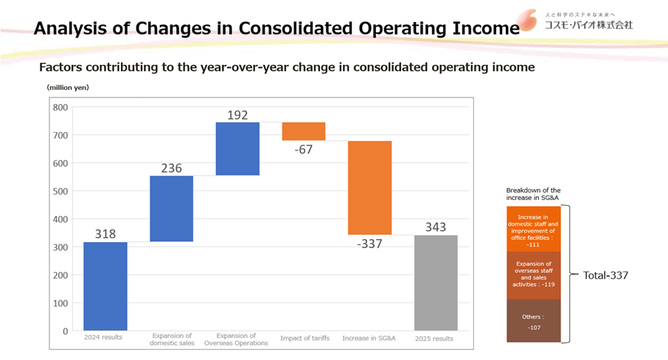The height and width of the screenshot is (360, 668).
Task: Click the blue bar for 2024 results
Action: pyautogui.click(x=105, y=286)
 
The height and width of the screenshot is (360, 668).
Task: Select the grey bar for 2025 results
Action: pyautogui.click(x=436, y=283)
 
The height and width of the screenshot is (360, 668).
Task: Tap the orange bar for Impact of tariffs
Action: pyautogui.click(x=303, y=131)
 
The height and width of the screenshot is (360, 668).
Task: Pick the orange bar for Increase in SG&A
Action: pyautogui.click(x=369, y=188)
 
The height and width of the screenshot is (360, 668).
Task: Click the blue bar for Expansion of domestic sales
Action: pyautogui.click(x=171, y=209)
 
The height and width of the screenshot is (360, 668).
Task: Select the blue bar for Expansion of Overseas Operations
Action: pyautogui.click(x=237, y=149)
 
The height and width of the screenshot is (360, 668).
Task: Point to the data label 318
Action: pyautogui.click(x=105, y=234)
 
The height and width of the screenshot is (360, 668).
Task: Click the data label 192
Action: pyautogui.click(x=237, y=114)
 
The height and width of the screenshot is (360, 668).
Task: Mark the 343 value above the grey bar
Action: pyautogui.click(x=436, y=227)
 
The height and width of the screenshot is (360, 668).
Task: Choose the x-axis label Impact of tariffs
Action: pyautogui.click(x=303, y=338)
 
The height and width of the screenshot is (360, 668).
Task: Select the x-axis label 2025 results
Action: pyautogui.click(x=436, y=338)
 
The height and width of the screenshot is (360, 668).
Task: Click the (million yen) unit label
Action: pyautogui.click(x=68, y=88)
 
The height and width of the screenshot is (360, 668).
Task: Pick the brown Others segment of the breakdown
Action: pyautogui.click(x=534, y=321)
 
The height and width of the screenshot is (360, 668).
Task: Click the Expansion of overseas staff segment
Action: pyautogui.click(x=534, y=275)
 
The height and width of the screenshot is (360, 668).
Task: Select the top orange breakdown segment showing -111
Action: pyautogui.click(x=534, y=229)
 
